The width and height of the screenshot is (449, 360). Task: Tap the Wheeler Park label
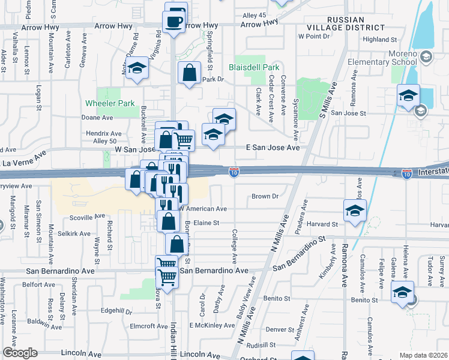coord(110,103)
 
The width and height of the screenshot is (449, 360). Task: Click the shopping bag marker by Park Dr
coord(190,73)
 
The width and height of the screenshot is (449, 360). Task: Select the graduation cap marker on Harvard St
coord(355,210)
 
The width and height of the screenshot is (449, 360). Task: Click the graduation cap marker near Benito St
coord(400,293)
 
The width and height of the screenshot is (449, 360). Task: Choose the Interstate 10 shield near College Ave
coord(234,173)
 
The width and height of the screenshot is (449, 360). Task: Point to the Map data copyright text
coord(423,355)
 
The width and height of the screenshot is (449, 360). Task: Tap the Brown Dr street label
coord(266,196)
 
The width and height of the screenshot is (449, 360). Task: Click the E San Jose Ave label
coord(273,147)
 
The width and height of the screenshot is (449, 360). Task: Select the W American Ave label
coord(203,209)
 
